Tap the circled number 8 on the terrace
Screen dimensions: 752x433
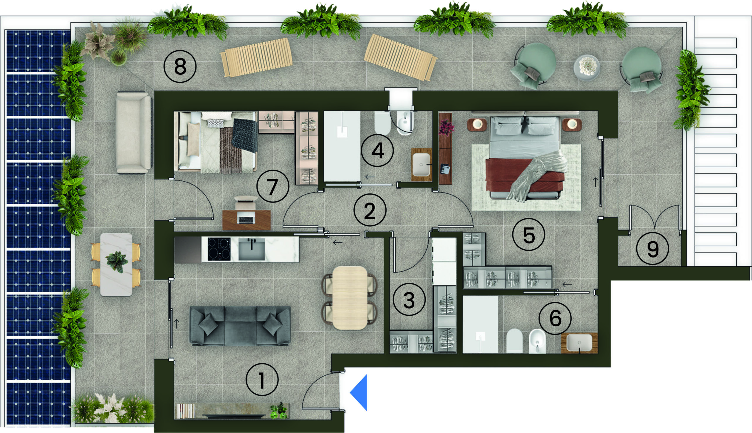point(180,66)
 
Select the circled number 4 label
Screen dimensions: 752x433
point(377,151)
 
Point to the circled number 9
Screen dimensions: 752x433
point(652,248)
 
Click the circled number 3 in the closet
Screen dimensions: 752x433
point(409,300)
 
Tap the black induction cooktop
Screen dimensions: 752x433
point(219,249)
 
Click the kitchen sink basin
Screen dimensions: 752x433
point(251,249)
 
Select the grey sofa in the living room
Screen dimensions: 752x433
point(240,326)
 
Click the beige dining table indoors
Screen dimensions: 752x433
point(350,298)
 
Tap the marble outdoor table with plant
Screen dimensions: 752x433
point(116,265)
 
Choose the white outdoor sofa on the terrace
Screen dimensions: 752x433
point(134,132)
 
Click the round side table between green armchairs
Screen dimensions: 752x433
point(587,68)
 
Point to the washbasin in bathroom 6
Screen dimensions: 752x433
point(579,342)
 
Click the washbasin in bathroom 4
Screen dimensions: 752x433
point(421,164)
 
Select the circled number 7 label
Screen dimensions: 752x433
point(273,186)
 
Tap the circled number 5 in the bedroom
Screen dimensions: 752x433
point(528,235)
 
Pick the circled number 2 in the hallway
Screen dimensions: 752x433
point(370,210)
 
